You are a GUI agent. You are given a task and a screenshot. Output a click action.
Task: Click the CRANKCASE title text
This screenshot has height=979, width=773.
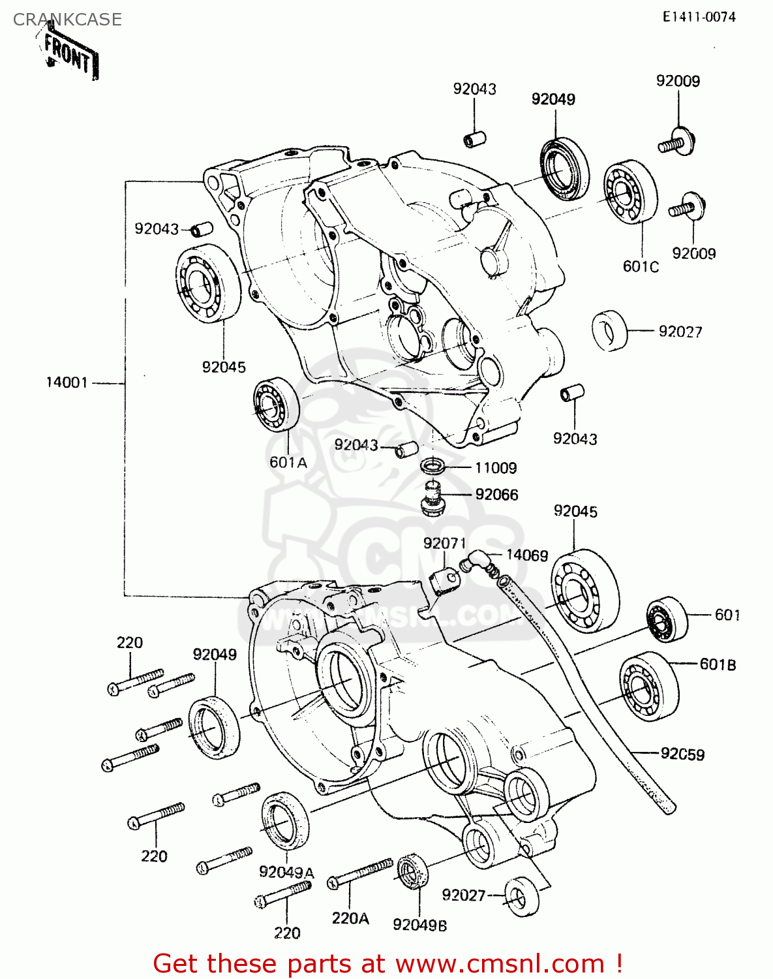click(x=67, y=20)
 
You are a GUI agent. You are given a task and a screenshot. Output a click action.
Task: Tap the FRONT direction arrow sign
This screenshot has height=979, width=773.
click(x=69, y=55)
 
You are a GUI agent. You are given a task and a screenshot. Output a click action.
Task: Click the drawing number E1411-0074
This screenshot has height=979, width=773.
click(x=699, y=17)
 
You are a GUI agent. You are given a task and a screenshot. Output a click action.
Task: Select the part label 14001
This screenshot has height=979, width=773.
click(x=67, y=382)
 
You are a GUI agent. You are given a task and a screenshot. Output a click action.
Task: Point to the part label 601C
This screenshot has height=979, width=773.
click(x=641, y=266)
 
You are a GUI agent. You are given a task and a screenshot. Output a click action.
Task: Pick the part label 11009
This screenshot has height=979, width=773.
click(x=496, y=468)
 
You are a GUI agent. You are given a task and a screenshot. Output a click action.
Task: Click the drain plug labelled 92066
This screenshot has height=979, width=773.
click(x=430, y=499)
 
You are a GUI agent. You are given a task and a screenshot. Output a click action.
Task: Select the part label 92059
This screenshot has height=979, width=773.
click(x=682, y=754)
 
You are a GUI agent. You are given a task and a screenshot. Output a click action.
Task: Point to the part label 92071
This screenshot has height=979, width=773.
click(x=444, y=544)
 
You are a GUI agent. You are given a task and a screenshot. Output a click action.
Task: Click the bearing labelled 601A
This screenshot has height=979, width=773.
click(x=276, y=405)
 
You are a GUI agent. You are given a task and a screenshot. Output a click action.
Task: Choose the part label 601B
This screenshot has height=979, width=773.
click(x=718, y=664)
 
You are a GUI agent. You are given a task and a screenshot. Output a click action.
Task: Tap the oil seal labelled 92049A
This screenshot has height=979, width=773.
click(x=285, y=820)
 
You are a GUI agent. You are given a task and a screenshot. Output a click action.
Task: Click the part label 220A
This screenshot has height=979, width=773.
click(x=350, y=918)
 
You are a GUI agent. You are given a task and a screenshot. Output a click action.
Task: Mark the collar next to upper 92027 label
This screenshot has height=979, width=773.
click(x=609, y=331)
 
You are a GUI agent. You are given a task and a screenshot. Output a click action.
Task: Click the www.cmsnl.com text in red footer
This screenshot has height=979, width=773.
click(x=500, y=963)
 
